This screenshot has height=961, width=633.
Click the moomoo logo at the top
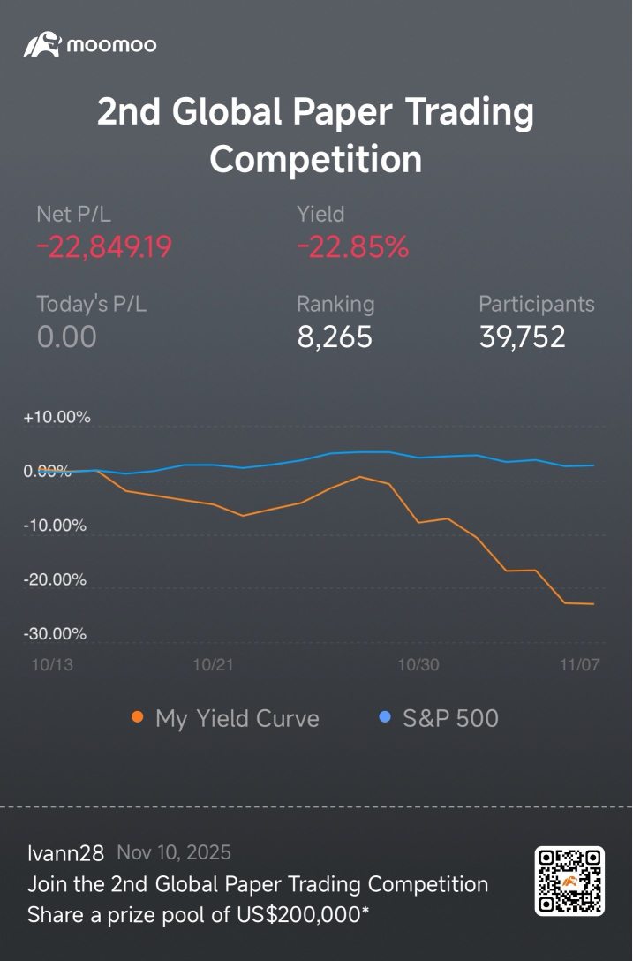coord(89,44)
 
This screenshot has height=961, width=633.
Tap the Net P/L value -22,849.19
coord(104,248)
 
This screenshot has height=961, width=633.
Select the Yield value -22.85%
coord(352,248)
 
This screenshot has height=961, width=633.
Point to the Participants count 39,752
coord(522,337)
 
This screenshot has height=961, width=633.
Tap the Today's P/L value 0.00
coord(66,337)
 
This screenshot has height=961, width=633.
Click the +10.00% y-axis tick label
coord(57,418)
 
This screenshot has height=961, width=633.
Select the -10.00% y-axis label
coord(56,526)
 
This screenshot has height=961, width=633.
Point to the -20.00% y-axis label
coord(56,580)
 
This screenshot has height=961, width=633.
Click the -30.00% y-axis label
coord(56,634)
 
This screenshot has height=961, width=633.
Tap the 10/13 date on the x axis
coord(53,665)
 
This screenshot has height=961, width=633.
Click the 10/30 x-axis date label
coord(418,665)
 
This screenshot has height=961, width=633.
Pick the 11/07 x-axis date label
coord(579,665)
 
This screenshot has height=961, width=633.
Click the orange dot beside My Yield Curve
coord(138,717)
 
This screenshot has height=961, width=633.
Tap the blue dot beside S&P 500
coord(384,717)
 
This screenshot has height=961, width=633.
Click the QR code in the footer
coord(569,880)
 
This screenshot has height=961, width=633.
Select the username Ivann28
coord(65,853)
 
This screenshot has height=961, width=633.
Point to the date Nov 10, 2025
coord(174,853)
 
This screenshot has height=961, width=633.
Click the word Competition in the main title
coord(316,160)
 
